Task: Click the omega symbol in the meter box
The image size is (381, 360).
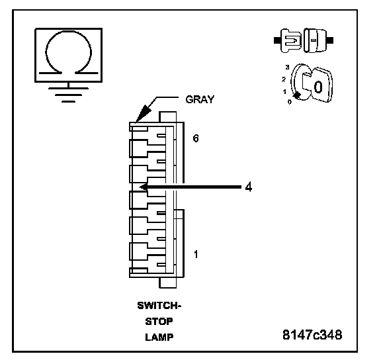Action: click(46, 52)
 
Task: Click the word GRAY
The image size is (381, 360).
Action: click(200, 99)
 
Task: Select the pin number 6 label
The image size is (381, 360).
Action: click(196, 138)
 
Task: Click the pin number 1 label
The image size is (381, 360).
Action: click(196, 255)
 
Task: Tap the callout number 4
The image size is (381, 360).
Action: click(248, 187)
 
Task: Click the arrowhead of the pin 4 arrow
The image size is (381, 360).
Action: click(143, 187)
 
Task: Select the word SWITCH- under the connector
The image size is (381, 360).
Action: click(159, 306)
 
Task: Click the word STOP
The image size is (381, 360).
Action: click(159, 322)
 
